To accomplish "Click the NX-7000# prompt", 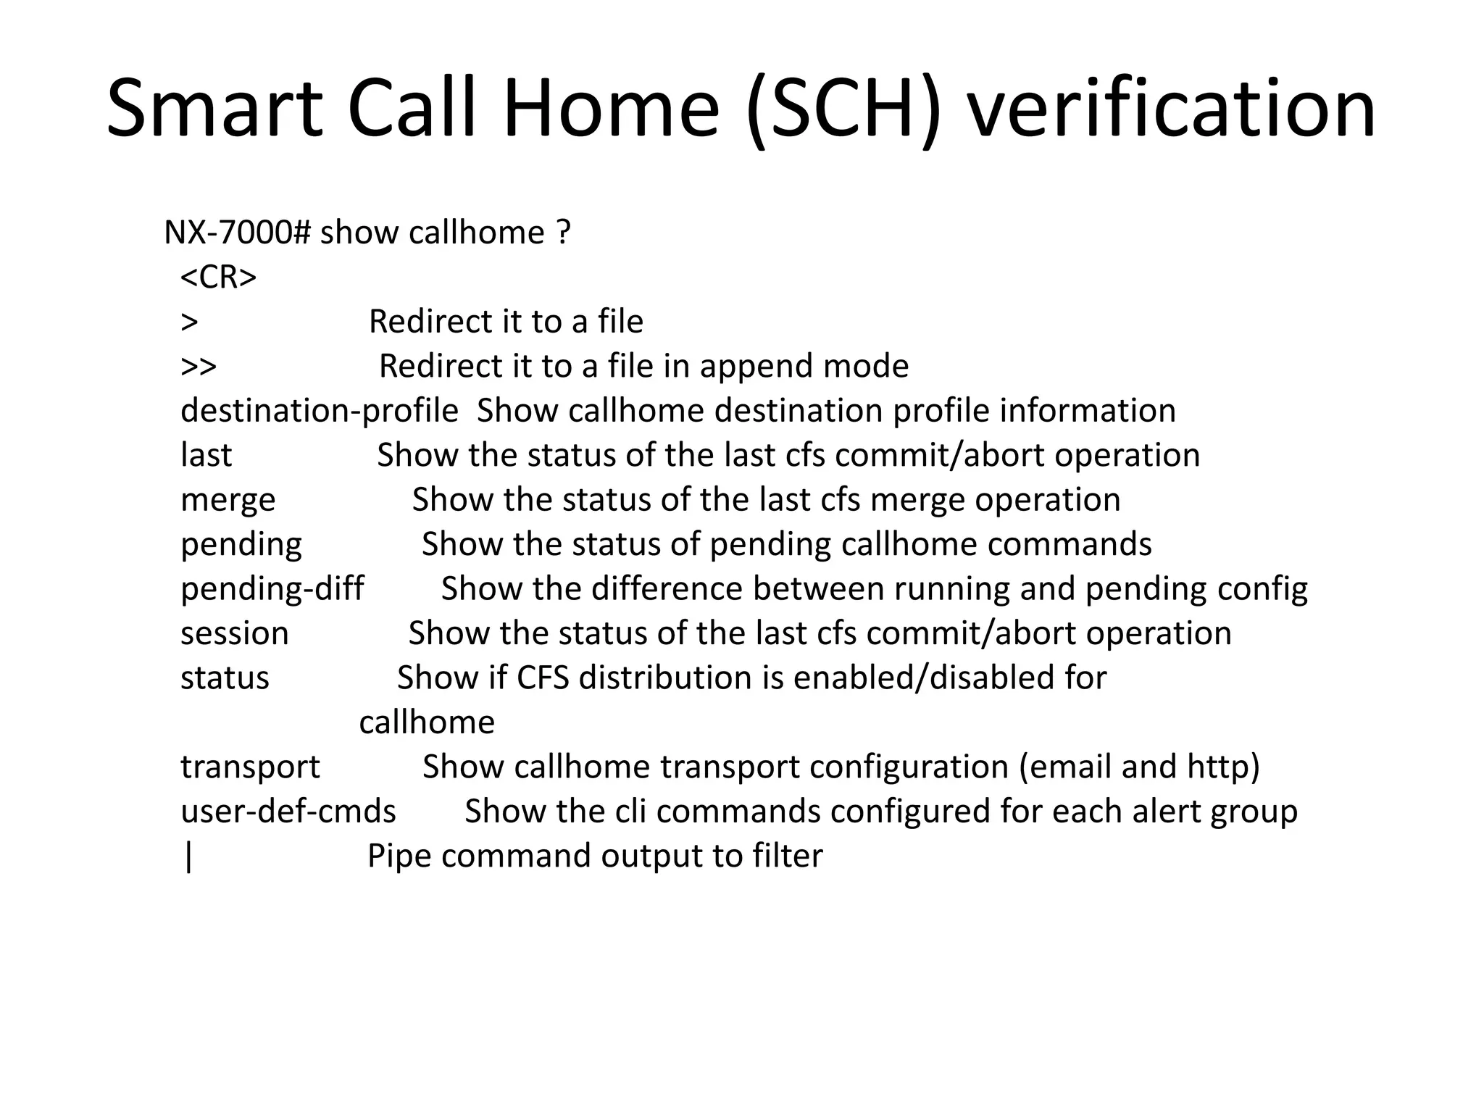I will (x=237, y=233).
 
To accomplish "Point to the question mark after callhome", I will (x=564, y=233).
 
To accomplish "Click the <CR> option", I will (x=218, y=277).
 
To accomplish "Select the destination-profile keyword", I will (x=319, y=411).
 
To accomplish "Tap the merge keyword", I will (x=228, y=500).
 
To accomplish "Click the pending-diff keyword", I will (x=272, y=588).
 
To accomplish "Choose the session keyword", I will (x=234, y=633).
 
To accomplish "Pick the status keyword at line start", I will (x=225, y=678).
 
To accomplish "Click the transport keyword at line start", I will (x=250, y=767).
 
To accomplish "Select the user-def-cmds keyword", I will (x=288, y=812).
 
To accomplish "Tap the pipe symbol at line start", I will (x=189, y=856).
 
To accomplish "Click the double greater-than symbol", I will (x=199, y=367).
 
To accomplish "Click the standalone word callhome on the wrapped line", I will (x=427, y=722).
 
